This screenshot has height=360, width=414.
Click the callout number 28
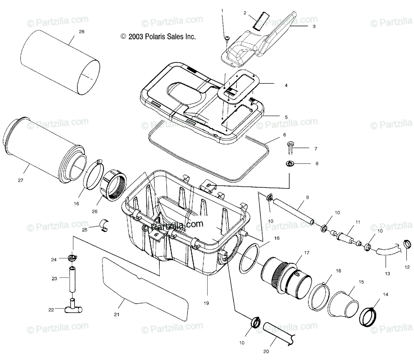[81, 32]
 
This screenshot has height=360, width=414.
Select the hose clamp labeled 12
[407, 245]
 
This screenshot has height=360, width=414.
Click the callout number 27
[21, 181]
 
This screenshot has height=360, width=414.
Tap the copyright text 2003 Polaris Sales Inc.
[158, 37]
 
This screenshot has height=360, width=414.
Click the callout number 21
[116, 314]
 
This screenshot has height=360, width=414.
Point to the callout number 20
[266, 352]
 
